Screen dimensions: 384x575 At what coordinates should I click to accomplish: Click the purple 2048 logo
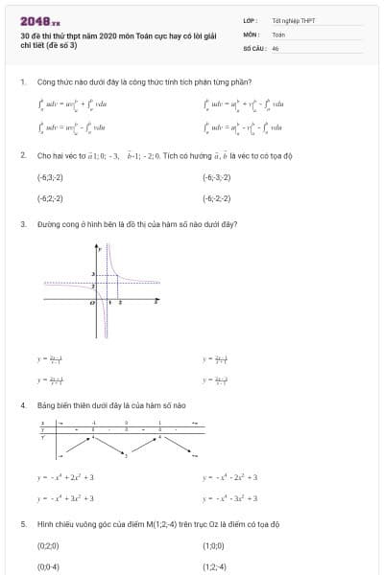click(39, 19)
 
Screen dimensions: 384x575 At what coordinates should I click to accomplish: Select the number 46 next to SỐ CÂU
click(276, 47)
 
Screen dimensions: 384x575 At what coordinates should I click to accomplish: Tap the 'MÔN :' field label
click(252, 34)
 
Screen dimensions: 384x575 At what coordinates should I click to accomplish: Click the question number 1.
click(22, 81)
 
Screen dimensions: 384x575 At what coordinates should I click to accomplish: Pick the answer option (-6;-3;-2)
click(216, 177)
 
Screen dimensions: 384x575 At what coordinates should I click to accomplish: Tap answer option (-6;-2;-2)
click(216, 198)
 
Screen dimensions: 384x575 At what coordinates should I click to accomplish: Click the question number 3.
click(22, 224)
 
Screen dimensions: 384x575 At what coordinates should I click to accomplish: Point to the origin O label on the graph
click(92, 302)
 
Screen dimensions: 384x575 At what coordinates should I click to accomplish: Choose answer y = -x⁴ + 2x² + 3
click(65, 476)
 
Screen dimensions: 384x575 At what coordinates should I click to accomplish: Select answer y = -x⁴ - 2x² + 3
click(231, 476)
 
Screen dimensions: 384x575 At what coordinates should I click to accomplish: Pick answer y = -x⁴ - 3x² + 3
click(231, 497)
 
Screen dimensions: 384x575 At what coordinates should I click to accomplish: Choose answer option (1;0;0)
click(213, 545)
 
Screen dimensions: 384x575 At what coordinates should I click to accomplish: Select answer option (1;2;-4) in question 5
click(214, 566)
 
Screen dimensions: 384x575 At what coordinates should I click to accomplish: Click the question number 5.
click(22, 524)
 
